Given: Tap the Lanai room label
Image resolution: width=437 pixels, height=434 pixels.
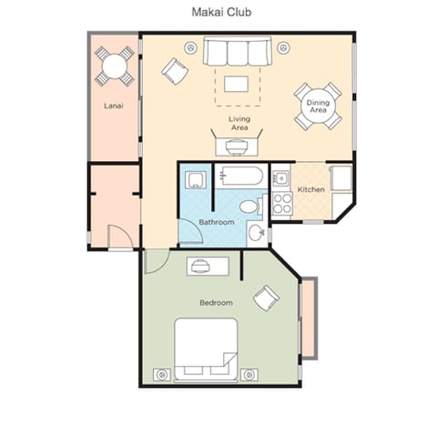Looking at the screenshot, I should click(113, 106).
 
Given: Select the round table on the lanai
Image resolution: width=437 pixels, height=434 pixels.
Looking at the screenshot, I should click(114, 65).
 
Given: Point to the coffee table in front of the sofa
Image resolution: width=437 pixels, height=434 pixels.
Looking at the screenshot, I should click(236, 84).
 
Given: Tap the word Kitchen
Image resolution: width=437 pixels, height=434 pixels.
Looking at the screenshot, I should click(311, 189).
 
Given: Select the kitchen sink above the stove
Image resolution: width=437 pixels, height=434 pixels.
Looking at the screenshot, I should click(280, 175).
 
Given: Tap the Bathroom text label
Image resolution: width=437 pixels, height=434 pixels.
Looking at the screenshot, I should click(217, 222).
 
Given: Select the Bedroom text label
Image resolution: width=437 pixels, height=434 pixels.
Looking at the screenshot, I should click(216, 302).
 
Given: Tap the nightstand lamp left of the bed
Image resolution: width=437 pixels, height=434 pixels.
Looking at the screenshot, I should click(162, 373).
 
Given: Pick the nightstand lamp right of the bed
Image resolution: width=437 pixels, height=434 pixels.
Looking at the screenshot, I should click(249, 373).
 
